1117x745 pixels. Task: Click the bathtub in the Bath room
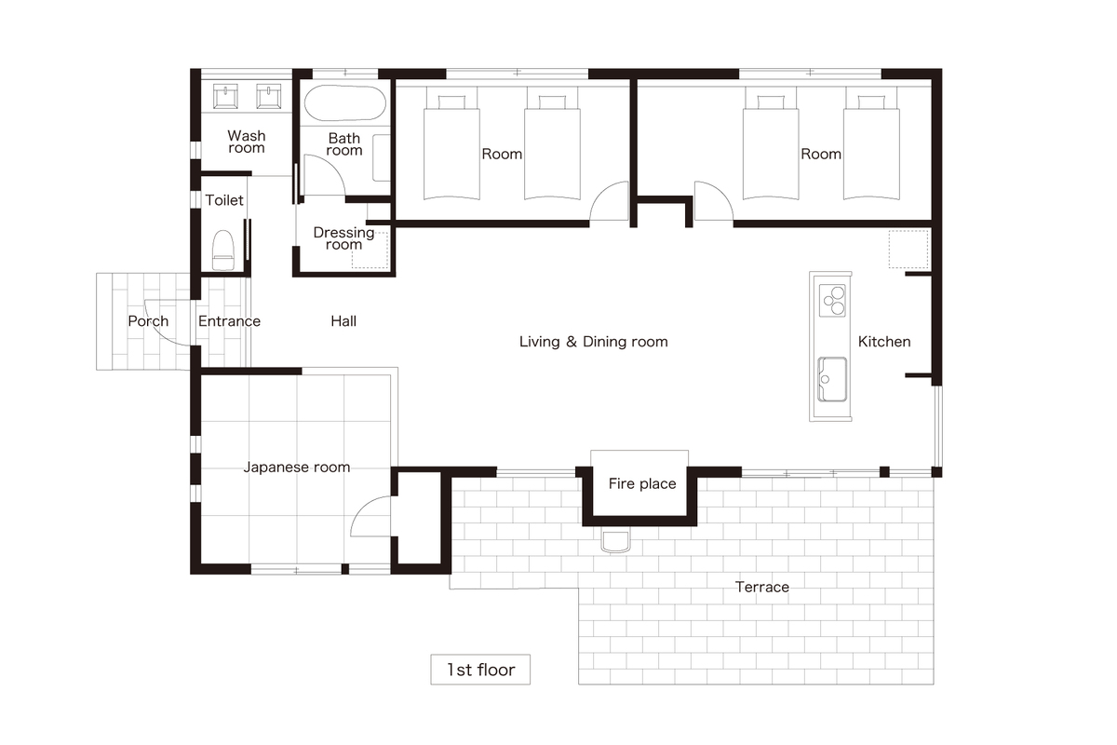(x=345, y=103)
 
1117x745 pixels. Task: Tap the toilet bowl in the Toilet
(x=223, y=251)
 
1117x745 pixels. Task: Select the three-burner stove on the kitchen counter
(x=832, y=301)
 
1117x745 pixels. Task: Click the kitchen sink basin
(x=832, y=379)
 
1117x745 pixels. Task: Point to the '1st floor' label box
(x=480, y=670)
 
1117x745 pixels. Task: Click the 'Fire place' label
(x=642, y=483)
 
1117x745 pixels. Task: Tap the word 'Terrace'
(x=762, y=587)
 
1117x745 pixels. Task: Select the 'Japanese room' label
(x=297, y=467)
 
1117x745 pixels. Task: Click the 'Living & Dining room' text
(x=594, y=342)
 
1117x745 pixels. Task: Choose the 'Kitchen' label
(x=884, y=342)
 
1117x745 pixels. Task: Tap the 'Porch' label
(x=148, y=321)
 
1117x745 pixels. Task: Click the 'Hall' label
(x=343, y=321)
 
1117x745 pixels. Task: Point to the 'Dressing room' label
(x=343, y=238)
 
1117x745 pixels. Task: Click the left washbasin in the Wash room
(x=225, y=96)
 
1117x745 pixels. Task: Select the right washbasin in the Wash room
(x=269, y=96)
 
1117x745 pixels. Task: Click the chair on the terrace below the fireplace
(x=616, y=541)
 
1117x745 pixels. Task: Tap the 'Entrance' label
(x=229, y=321)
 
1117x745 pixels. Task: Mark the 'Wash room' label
(x=247, y=142)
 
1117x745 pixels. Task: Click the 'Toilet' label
(x=224, y=200)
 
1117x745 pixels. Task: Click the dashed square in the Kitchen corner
(x=908, y=249)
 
